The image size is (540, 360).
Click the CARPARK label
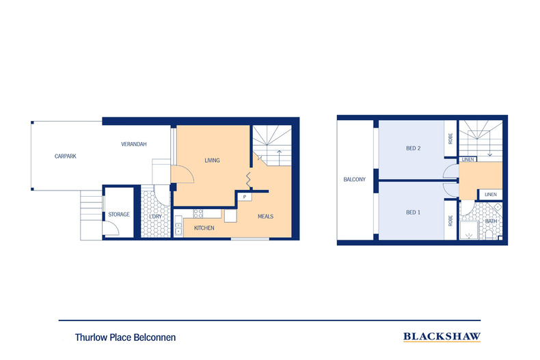click(x=66, y=156)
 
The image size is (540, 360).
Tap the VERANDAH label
click(x=133, y=145)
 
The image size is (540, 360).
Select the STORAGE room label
click(x=118, y=214)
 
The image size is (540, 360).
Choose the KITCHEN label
click(x=204, y=227)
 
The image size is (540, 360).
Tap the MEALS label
click(x=265, y=217)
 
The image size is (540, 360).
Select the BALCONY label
click(x=355, y=180)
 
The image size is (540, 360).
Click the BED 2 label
click(x=412, y=148)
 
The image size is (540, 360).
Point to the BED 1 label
click(x=413, y=212)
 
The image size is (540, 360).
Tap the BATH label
click(x=491, y=221)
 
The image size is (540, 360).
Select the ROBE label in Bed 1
click(x=450, y=221)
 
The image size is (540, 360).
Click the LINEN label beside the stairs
click(x=468, y=160)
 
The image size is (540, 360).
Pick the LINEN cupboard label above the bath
click(x=490, y=195)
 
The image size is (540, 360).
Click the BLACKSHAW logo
click(x=442, y=336)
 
